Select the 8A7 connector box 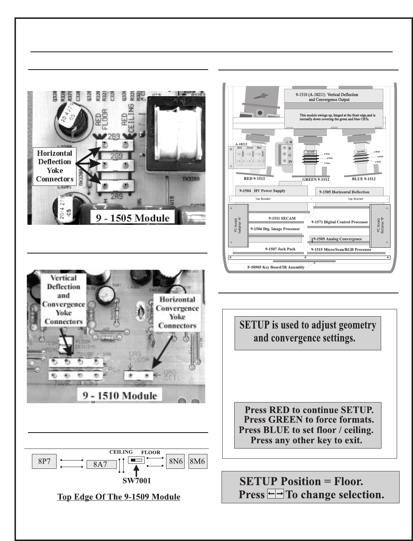[101, 464]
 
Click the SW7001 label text [136, 480]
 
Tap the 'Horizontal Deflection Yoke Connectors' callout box [54, 166]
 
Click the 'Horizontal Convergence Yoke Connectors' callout [177, 313]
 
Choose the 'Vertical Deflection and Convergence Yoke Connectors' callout [63, 300]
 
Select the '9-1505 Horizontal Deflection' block [349, 192]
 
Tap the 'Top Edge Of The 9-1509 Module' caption [119, 496]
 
